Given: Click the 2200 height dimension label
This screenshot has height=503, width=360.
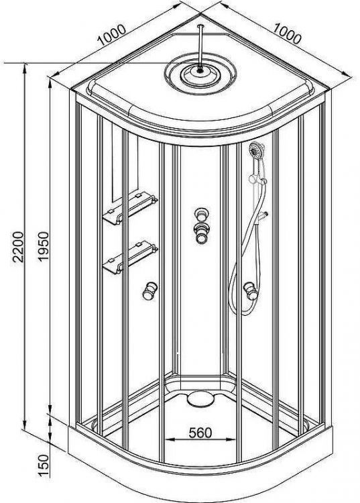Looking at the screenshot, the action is [x=18, y=247].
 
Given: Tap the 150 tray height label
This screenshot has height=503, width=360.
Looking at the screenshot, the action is [x=43, y=466].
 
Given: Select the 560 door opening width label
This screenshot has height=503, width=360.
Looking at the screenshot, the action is [x=200, y=433].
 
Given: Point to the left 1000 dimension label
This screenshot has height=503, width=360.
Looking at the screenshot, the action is [x=111, y=35].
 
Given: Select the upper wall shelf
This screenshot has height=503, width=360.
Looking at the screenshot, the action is [x=130, y=208].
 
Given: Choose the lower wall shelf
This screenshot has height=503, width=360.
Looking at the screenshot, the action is [x=130, y=258].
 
